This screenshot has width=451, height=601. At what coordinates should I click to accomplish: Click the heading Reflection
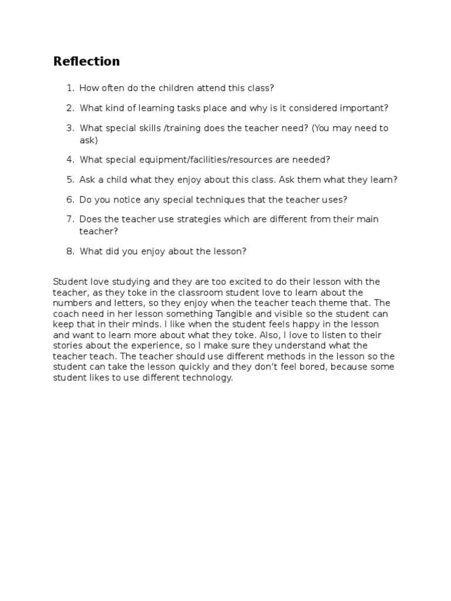click(x=86, y=61)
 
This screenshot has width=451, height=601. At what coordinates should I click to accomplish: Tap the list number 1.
click(x=70, y=88)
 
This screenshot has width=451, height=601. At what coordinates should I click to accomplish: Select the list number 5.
click(x=70, y=180)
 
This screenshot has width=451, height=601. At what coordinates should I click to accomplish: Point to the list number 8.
click(x=70, y=251)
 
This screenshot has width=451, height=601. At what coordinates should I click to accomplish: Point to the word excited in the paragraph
click(x=220, y=282)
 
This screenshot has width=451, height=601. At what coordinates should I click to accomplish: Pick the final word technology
click(x=209, y=377)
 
